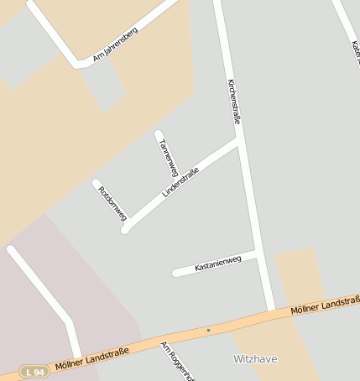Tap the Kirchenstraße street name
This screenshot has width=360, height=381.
(x=234, y=102)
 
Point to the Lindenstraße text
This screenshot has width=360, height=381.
(x=180, y=182)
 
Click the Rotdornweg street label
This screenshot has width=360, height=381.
(x=112, y=201)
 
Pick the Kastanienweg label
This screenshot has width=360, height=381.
(x=217, y=264)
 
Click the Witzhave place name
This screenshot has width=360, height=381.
(x=255, y=359)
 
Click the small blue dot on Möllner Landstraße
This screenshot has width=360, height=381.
(x=208, y=330)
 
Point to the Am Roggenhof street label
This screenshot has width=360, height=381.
(x=178, y=361)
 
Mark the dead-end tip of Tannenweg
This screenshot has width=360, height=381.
(x=159, y=133)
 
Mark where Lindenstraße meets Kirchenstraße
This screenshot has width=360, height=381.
(x=238, y=142)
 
